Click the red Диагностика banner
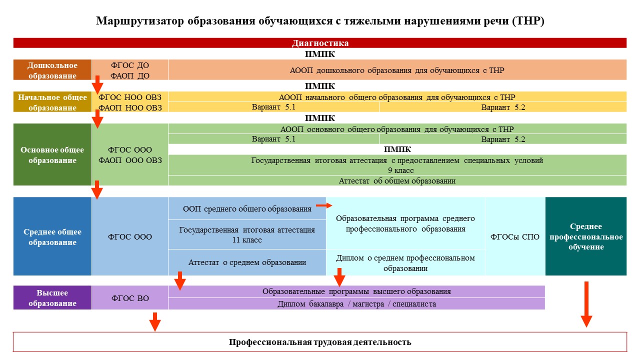(x=319, y=43)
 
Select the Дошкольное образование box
(x=52, y=69)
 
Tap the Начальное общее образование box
(x=52, y=101)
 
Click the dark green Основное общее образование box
(x=52, y=154)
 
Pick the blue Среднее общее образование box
(x=52, y=236)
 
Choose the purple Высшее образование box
(x=52, y=297)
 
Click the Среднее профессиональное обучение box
(x=586, y=236)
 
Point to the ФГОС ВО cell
(x=130, y=297)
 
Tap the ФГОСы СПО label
(x=515, y=237)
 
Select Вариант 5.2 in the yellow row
(x=503, y=107)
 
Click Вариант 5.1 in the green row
(x=273, y=139)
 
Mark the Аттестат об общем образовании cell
(x=397, y=181)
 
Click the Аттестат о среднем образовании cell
(x=247, y=262)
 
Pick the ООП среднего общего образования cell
(x=247, y=208)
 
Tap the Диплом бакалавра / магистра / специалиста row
(x=356, y=304)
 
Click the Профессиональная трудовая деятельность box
(x=320, y=342)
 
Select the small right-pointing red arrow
(x=324, y=205)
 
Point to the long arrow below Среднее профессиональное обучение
(x=586, y=304)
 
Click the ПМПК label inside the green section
(x=397, y=149)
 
